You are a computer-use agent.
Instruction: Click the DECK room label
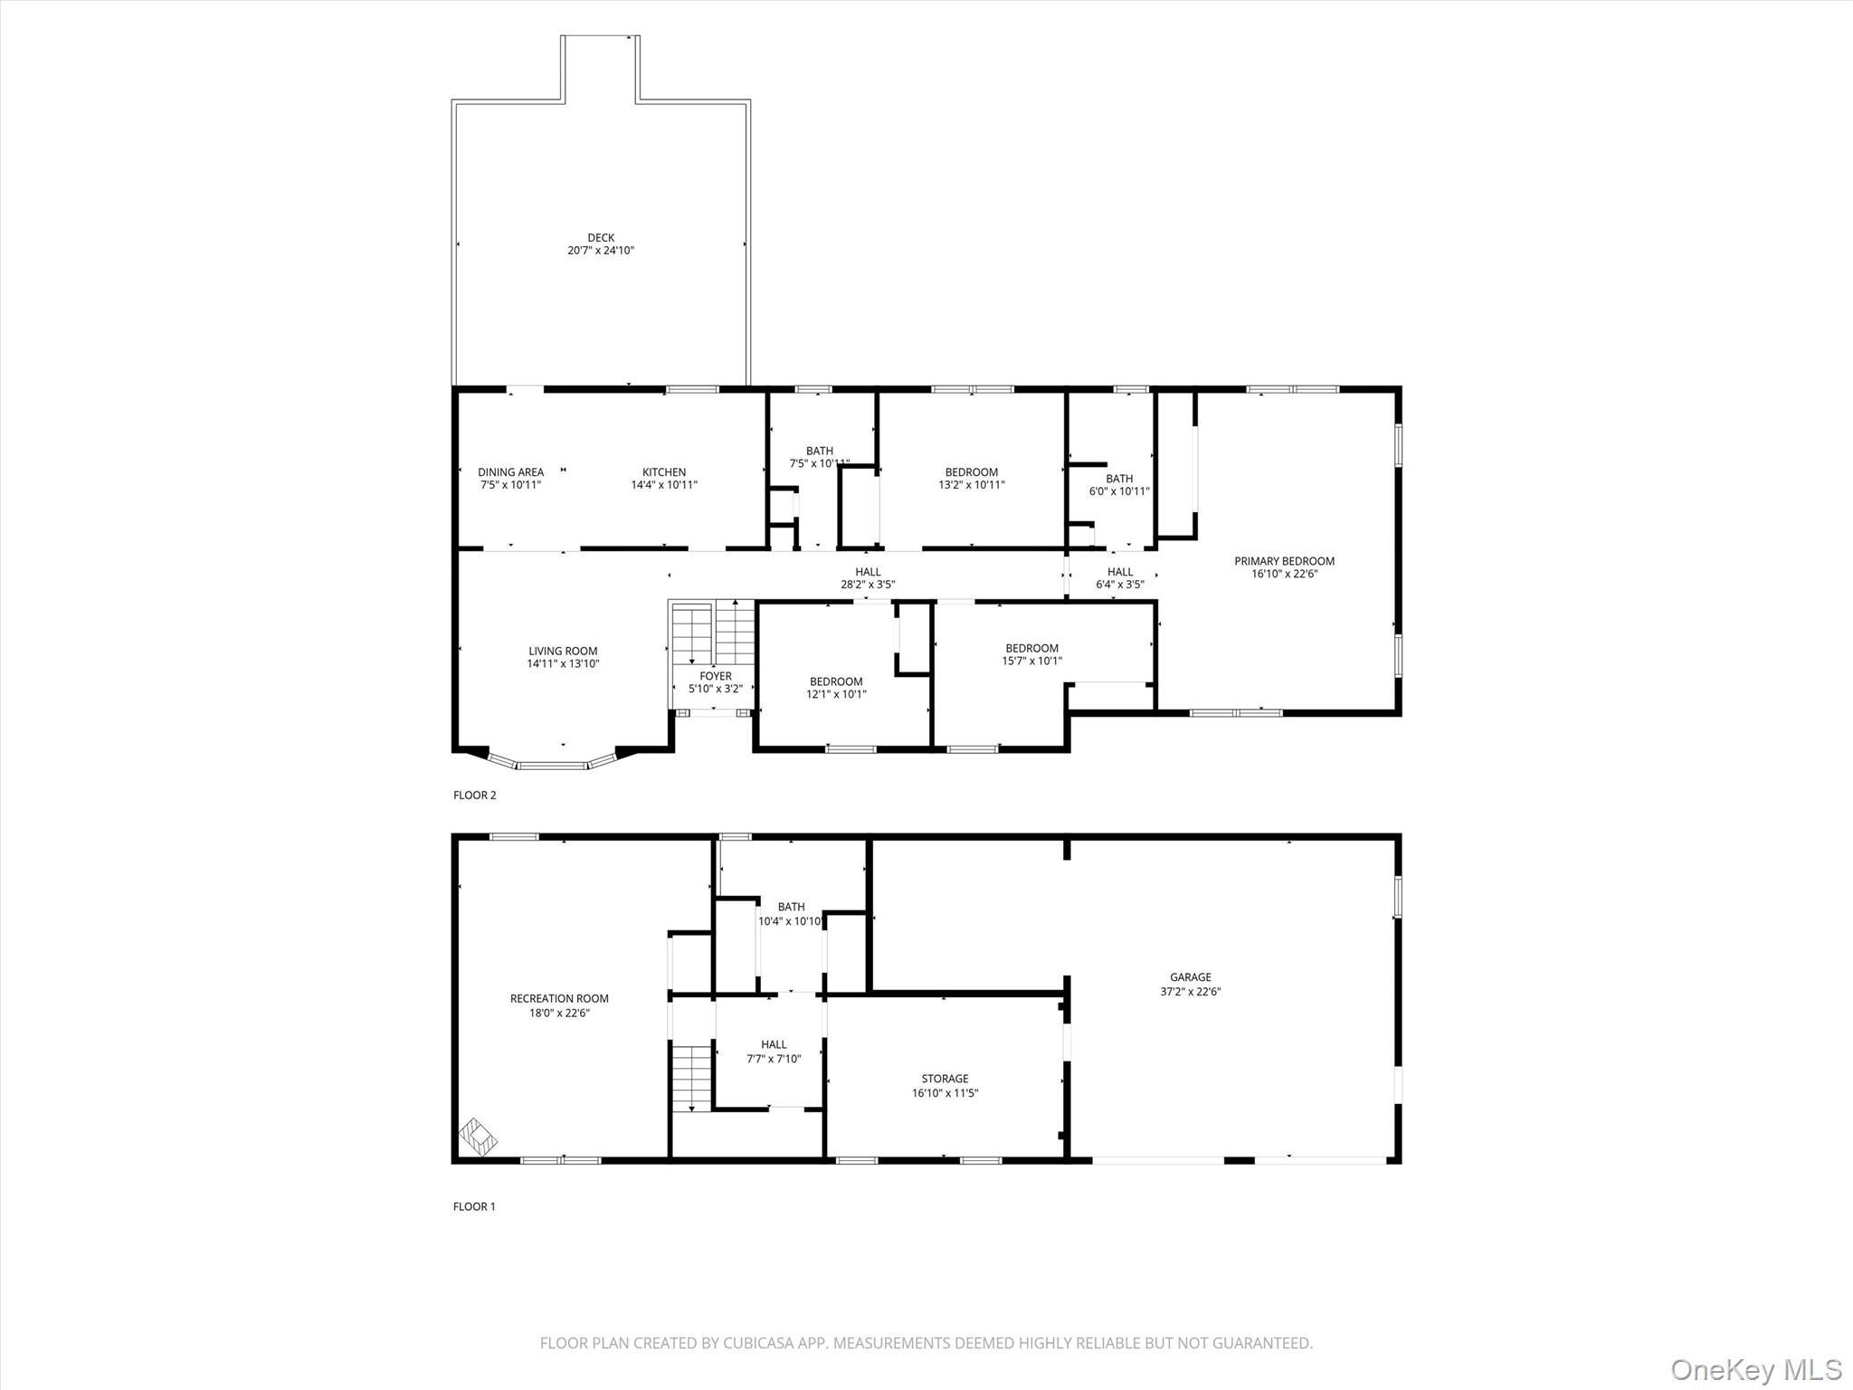601,238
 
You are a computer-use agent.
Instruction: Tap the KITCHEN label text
664,471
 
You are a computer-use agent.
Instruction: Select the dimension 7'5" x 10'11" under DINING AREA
510,485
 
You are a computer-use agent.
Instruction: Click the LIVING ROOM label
563,651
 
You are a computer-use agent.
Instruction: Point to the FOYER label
716,676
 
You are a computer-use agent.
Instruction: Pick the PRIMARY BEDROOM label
1284,561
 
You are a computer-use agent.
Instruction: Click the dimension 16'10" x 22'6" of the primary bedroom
1284,574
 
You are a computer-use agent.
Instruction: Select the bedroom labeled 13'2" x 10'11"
972,471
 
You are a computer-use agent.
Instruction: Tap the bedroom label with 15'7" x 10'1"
1031,648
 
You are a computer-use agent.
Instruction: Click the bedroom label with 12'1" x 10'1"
836,681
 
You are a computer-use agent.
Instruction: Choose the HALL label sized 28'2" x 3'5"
868,572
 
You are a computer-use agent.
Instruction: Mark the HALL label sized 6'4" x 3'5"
1120,572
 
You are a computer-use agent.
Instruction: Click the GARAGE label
1190,977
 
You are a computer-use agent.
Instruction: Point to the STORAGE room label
945,1079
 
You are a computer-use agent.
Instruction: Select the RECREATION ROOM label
559,999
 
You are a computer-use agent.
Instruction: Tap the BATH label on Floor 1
791,907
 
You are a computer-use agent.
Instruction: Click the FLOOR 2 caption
474,795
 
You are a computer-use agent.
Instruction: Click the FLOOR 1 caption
474,1206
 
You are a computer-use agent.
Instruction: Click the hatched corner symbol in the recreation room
478,1137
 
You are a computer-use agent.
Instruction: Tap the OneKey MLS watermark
1756,1369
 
